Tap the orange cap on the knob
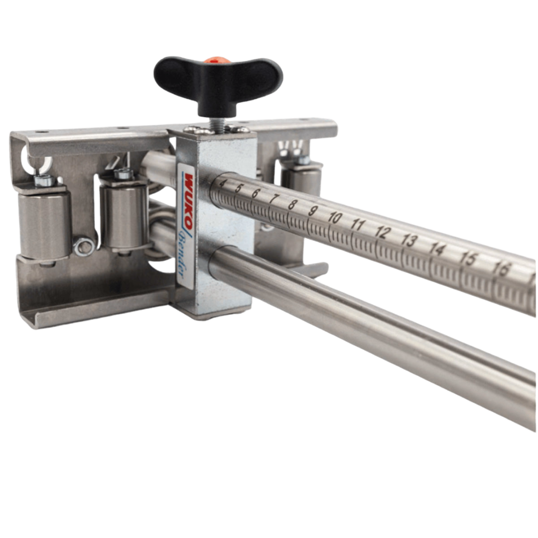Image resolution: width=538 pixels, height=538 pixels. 212,60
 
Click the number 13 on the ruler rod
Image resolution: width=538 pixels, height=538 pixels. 408,241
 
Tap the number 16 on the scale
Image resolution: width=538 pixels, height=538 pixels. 501,269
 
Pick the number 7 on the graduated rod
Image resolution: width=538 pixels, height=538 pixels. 273,198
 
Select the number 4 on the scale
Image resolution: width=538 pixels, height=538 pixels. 222,184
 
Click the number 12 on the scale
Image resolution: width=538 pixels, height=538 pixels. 383,232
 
